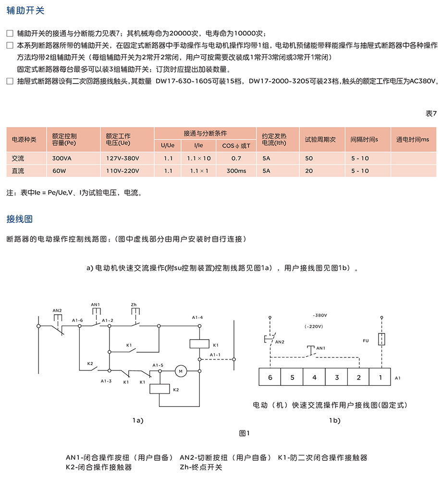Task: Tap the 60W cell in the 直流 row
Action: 59,171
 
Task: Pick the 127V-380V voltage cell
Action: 123,158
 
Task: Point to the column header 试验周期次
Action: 320,139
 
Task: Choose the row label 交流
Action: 18,158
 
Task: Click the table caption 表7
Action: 431,114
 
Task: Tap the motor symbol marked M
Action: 181,370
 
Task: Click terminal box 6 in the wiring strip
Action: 270,377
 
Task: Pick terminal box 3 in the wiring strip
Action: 337,377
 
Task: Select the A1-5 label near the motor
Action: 158,365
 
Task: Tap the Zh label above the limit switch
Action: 134,305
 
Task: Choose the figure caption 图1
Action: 245,433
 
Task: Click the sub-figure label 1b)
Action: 334,420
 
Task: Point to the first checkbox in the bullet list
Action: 10,34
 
